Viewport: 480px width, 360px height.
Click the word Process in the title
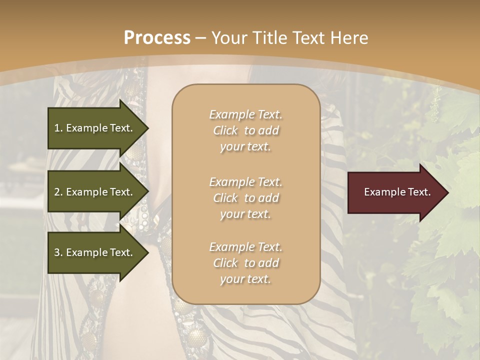pyautogui.click(x=157, y=38)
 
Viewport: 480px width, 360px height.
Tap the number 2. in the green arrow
pyautogui.click(x=58, y=192)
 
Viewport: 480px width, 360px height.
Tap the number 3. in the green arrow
pyautogui.click(x=58, y=252)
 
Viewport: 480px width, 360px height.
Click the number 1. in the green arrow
pyautogui.click(x=58, y=128)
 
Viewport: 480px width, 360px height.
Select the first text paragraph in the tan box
pyautogui.click(x=245, y=130)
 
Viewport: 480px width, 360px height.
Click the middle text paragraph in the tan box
pyautogui.click(x=245, y=198)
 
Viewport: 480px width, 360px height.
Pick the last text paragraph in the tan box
pyautogui.click(x=245, y=263)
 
